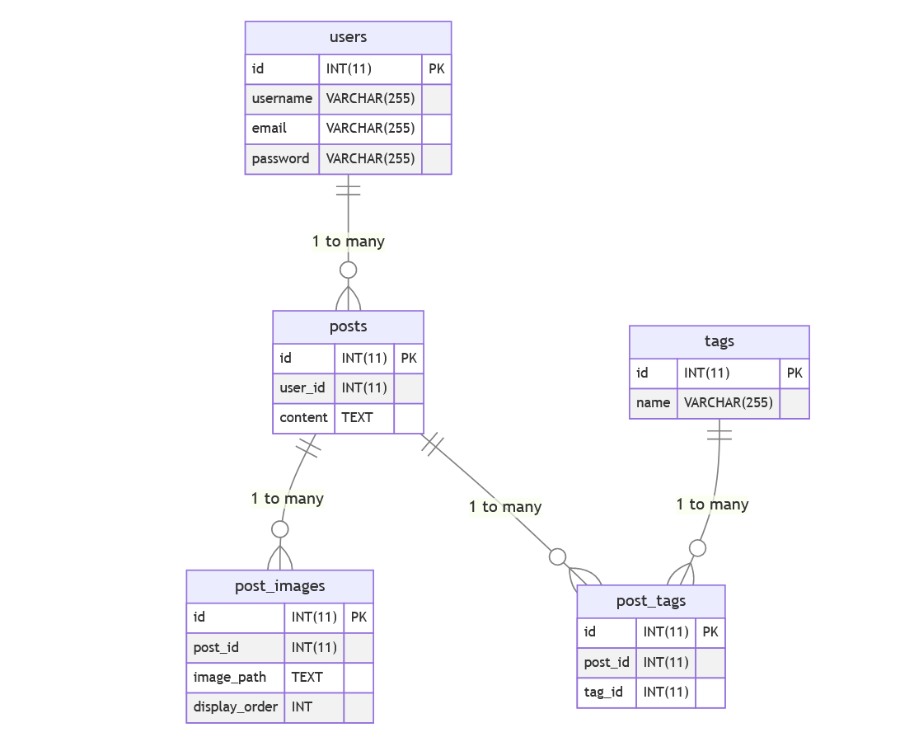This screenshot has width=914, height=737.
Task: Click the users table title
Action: tap(348, 37)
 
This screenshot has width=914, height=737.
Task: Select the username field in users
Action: tap(282, 99)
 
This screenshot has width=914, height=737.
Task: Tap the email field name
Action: tap(270, 129)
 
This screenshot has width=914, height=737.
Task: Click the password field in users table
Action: tap(281, 158)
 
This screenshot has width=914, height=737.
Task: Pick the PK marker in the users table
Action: tap(436, 69)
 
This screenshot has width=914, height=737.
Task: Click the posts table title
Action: tap(348, 326)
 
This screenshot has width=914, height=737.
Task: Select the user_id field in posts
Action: tap(302, 387)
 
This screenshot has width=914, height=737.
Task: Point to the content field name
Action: tap(303, 417)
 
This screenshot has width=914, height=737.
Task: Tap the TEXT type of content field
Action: tap(357, 417)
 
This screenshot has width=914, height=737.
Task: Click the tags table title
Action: tap(719, 341)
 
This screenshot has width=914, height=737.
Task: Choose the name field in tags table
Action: tap(653, 403)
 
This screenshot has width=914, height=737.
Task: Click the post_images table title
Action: tap(279, 586)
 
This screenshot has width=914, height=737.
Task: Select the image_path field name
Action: tap(230, 677)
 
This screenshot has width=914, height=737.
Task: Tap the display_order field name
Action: tap(235, 706)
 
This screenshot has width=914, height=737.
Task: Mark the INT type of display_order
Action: tap(302, 706)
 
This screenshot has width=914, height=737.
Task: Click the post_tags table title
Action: tap(650, 601)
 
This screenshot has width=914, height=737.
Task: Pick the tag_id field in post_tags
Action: tap(603, 692)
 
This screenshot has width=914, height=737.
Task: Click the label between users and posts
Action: tap(348, 242)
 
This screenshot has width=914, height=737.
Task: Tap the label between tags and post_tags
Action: tap(712, 505)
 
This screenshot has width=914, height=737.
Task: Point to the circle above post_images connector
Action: tap(280, 528)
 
